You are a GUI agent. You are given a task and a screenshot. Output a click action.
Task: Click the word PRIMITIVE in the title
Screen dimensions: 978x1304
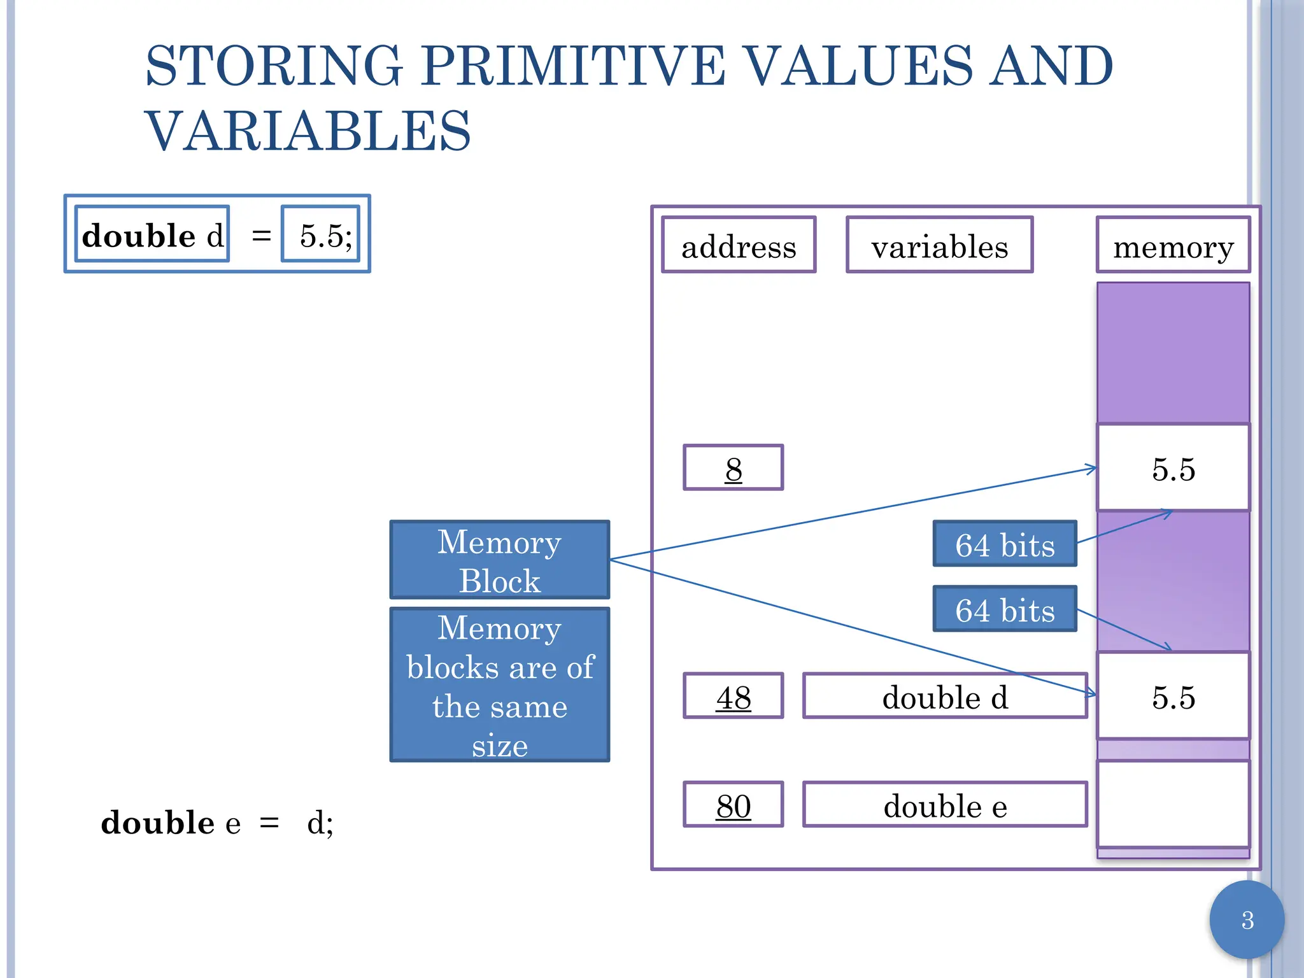pyautogui.click(x=572, y=66)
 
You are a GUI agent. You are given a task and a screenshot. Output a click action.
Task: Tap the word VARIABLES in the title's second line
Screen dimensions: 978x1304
pyautogui.click(x=308, y=131)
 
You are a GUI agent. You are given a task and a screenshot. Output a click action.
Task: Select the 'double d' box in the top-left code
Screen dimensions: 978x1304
pyautogui.click(x=152, y=234)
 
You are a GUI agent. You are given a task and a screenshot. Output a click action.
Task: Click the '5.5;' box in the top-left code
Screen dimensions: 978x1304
pyautogui.click(x=322, y=234)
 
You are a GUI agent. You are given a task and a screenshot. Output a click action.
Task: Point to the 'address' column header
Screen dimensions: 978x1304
pyautogui.click(x=739, y=245)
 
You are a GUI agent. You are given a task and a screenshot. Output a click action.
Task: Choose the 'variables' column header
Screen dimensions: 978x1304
pyautogui.click(x=939, y=245)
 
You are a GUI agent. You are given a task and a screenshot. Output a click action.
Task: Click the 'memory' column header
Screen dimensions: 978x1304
pyautogui.click(x=1173, y=245)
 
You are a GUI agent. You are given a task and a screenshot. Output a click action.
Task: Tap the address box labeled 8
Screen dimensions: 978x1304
pyautogui.click(x=733, y=468)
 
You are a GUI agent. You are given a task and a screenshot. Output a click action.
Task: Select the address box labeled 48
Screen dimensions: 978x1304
pyautogui.click(x=733, y=696)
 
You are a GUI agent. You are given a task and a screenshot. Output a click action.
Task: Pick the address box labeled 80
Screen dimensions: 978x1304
pyautogui.click(x=733, y=805)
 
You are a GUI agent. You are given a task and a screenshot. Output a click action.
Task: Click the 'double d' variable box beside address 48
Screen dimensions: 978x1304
pyautogui.click(x=945, y=696)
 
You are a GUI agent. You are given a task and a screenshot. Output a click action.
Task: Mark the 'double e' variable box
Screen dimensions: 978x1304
pyautogui.click(x=945, y=805)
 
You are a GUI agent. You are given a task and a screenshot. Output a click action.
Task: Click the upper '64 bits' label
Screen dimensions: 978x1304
pyautogui.click(x=1004, y=544)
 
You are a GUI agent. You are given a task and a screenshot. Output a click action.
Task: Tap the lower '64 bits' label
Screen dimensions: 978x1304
pyautogui.click(x=1004, y=609)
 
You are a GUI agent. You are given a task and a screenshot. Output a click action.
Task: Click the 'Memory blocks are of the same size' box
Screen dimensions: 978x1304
pyautogui.click(x=500, y=685)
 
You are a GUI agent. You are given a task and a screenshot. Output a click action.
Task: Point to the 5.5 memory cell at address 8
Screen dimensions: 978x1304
pyautogui.click(x=1173, y=468)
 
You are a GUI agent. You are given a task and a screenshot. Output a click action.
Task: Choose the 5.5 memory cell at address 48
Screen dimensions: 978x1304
pyautogui.click(x=1173, y=696)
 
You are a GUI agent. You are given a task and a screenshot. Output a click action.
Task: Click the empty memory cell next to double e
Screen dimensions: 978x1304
pyautogui.click(x=1173, y=804)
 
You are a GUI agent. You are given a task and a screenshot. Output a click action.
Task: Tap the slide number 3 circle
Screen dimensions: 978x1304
pyautogui.click(x=1247, y=920)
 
